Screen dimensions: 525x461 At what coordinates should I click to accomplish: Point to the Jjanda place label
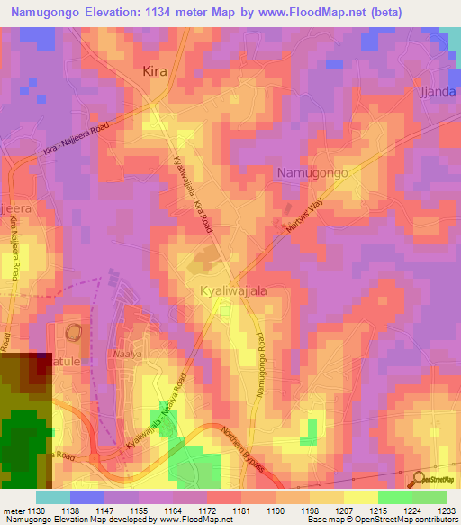tap(440, 92)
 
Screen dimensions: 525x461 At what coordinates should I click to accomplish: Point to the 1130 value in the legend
tap(35, 510)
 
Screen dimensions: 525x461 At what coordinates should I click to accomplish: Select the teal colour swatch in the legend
tap(53, 497)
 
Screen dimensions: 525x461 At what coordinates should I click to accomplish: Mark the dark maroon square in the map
tap(39, 367)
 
